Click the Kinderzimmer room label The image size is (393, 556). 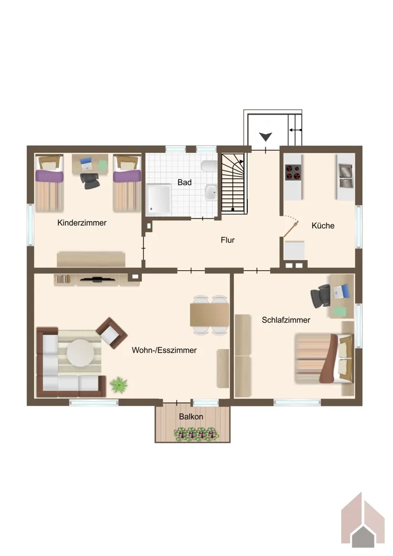click(82, 223)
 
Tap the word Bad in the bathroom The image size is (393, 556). click(185, 182)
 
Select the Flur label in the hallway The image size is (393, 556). click(228, 240)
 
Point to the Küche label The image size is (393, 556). click(323, 226)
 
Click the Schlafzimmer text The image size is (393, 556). click(286, 320)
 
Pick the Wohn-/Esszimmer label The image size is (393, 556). click(164, 350)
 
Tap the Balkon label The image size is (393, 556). click(191, 416)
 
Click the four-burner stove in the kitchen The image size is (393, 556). click(293, 172)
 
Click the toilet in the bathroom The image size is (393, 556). click(209, 166)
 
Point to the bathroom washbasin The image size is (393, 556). click(210, 192)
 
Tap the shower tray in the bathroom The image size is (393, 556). click(159, 200)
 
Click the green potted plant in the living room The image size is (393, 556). click(119, 385)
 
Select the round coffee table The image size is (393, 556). click(81, 353)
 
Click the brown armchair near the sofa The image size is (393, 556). click(111, 333)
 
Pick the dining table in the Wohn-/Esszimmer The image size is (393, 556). click(209, 315)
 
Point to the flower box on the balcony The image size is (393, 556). click(196, 435)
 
